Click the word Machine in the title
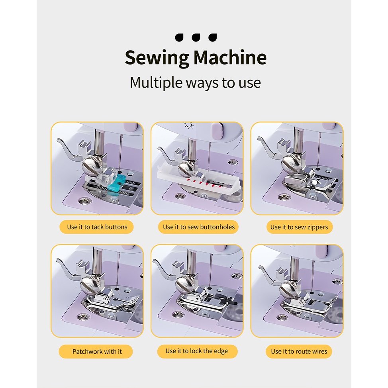pyautogui.click(x=230, y=57)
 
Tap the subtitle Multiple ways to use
pyautogui.click(x=195, y=83)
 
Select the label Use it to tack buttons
pyautogui.click(x=97, y=227)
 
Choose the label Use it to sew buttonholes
pyautogui.click(x=198, y=227)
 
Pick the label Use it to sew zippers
pyautogui.click(x=299, y=227)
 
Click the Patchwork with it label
pyautogui.click(x=97, y=351)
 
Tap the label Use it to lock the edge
pyautogui.click(x=197, y=351)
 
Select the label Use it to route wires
pyautogui.click(x=299, y=351)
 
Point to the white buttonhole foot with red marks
pyautogui.click(x=198, y=180)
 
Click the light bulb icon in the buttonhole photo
pyautogui.click(x=189, y=125)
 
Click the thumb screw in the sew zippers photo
pyautogui.click(x=292, y=164)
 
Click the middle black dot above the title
pyautogui.click(x=196, y=37)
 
